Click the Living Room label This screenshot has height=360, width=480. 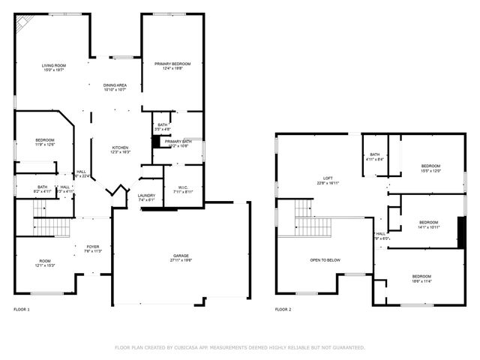(53, 66)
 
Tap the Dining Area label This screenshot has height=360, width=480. (115, 85)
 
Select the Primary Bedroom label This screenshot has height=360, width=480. (172, 64)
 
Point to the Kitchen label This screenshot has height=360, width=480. (121, 148)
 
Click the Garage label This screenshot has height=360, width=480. (182, 256)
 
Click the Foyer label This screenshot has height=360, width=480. (92, 247)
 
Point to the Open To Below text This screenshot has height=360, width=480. (325, 259)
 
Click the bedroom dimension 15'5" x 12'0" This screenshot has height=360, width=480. (430, 170)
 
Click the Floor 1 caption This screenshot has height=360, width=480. (22, 309)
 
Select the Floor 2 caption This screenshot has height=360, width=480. (283, 309)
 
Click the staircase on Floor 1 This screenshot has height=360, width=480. (52, 224)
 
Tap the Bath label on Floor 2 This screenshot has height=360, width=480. (375, 154)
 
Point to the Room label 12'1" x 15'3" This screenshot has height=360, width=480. (44, 262)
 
